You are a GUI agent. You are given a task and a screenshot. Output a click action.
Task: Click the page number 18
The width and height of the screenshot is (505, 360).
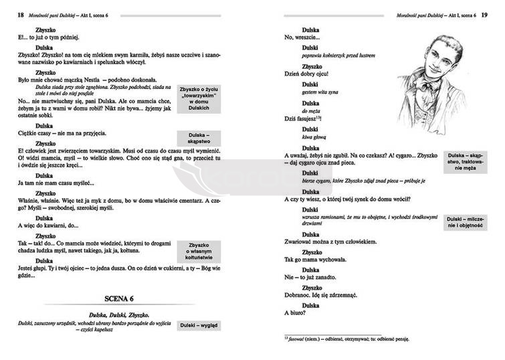(20, 15)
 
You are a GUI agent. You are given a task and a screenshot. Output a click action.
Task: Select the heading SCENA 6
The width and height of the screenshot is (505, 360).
(120, 298)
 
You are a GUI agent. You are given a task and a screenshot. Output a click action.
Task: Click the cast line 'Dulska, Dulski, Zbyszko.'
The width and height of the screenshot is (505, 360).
(120, 314)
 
